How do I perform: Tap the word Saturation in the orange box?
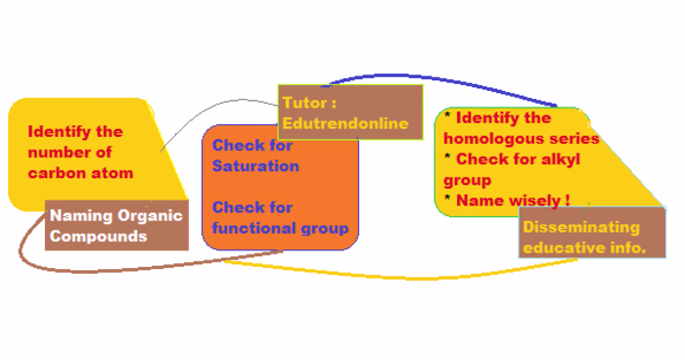point(255,166)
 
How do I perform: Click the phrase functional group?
point(280,229)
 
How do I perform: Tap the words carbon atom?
point(80,173)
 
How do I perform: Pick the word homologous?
point(495,138)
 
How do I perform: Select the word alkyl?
point(562,158)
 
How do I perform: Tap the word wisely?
point(533,200)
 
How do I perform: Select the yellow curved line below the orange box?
point(391,276)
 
